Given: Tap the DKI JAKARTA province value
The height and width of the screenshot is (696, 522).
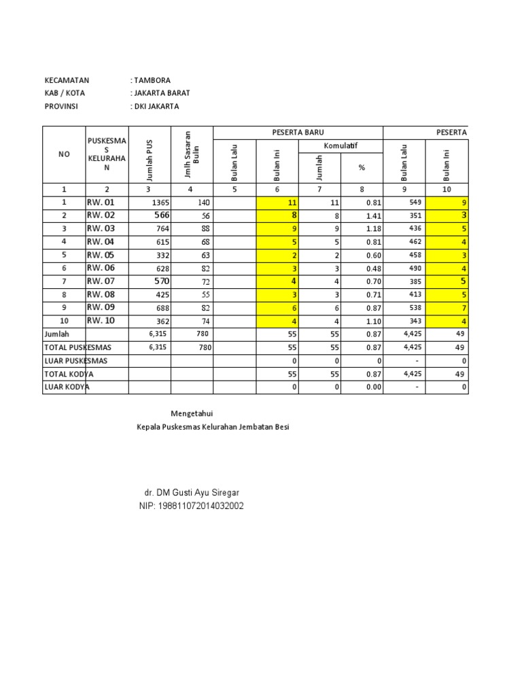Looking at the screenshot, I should pyautogui.click(x=156, y=107).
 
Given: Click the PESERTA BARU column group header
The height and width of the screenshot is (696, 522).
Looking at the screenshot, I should pyautogui.click(x=298, y=133).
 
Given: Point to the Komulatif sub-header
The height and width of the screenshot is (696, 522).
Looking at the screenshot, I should pyautogui.click(x=341, y=146).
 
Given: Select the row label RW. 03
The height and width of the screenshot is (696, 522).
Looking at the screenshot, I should pyautogui.click(x=101, y=228).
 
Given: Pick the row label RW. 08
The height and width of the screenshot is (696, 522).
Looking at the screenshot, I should pyautogui.click(x=101, y=295).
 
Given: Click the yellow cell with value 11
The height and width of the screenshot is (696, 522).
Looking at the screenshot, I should pyautogui.click(x=277, y=203).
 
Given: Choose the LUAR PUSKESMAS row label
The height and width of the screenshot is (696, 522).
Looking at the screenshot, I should pyautogui.click(x=76, y=361).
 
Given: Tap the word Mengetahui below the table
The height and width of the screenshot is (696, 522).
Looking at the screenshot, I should pyautogui.click(x=196, y=413).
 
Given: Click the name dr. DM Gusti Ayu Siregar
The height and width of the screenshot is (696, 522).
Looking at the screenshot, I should pyautogui.click(x=191, y=492).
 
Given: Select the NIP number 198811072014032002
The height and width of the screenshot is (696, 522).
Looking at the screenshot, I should pyautogui.click(x=191, y=506).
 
